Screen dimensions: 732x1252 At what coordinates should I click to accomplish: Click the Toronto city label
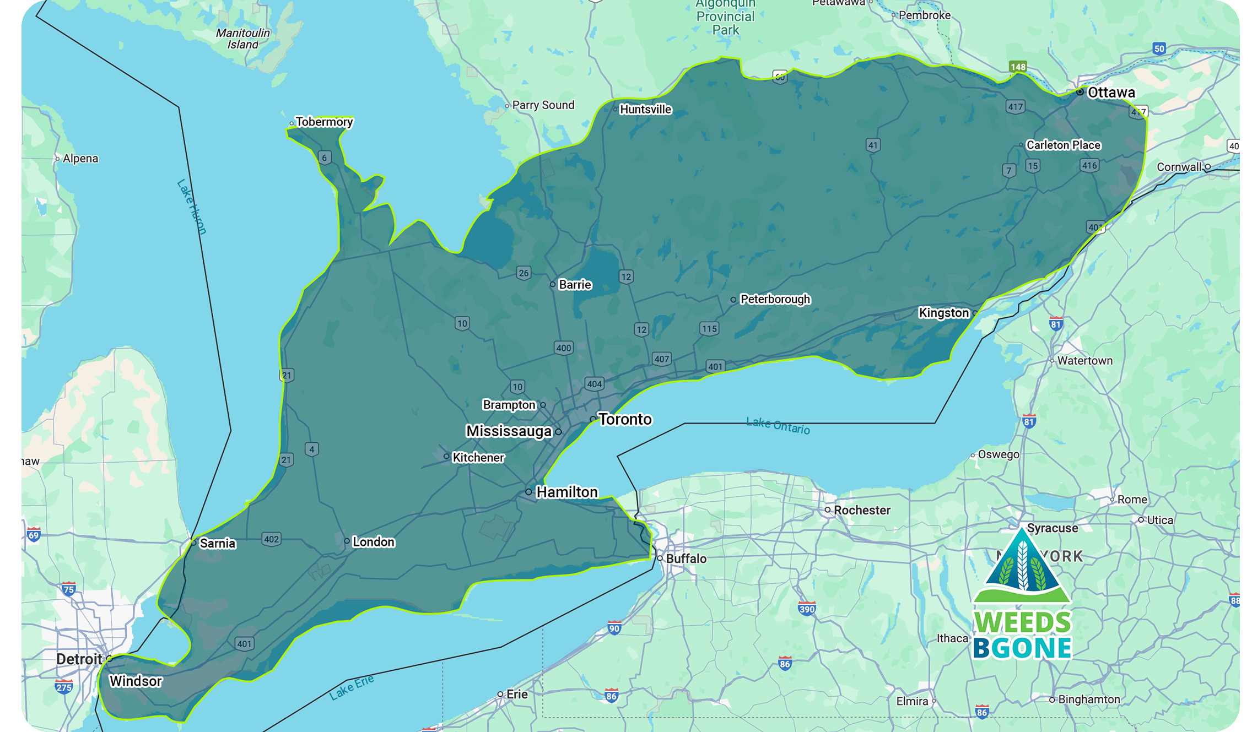tap(625, 420)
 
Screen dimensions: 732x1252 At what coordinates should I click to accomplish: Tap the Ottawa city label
tap(1111, 93)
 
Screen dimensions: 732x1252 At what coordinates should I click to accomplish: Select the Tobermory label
tap(324, 122)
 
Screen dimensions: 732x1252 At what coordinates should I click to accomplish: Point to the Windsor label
tap(136, 681)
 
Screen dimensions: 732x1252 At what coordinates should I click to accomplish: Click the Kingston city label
tap(943, 313)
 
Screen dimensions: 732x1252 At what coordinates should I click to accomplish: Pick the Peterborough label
tap(775, 299)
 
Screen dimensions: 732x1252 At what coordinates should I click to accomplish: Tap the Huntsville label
tap(645, 110)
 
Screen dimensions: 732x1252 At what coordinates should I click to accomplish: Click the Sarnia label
tap(217, 544)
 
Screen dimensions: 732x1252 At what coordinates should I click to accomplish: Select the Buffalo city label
tap(686, 559)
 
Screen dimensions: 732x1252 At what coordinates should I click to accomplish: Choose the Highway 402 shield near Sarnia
tap(271, 539)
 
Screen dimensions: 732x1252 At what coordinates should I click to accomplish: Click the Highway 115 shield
tap(709, 329)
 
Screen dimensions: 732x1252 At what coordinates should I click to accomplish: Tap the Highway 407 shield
tap(662, 359)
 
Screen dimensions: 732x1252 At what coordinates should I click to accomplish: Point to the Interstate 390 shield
tap(807, 609)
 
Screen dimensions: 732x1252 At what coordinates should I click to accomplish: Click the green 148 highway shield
tap(1018, 67)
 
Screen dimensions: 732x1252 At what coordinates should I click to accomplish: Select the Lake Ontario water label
tap(778, 426)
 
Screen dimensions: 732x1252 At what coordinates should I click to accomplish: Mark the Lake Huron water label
tap(192, 207)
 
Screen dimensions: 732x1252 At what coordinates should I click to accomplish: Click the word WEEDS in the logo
tap(1022, 622)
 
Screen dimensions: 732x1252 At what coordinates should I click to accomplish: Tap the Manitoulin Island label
tap(243, 39)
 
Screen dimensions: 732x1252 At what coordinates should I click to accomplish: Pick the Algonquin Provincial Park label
tap(725, 17)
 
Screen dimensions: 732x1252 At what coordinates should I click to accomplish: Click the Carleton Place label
tap(1063, 145)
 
